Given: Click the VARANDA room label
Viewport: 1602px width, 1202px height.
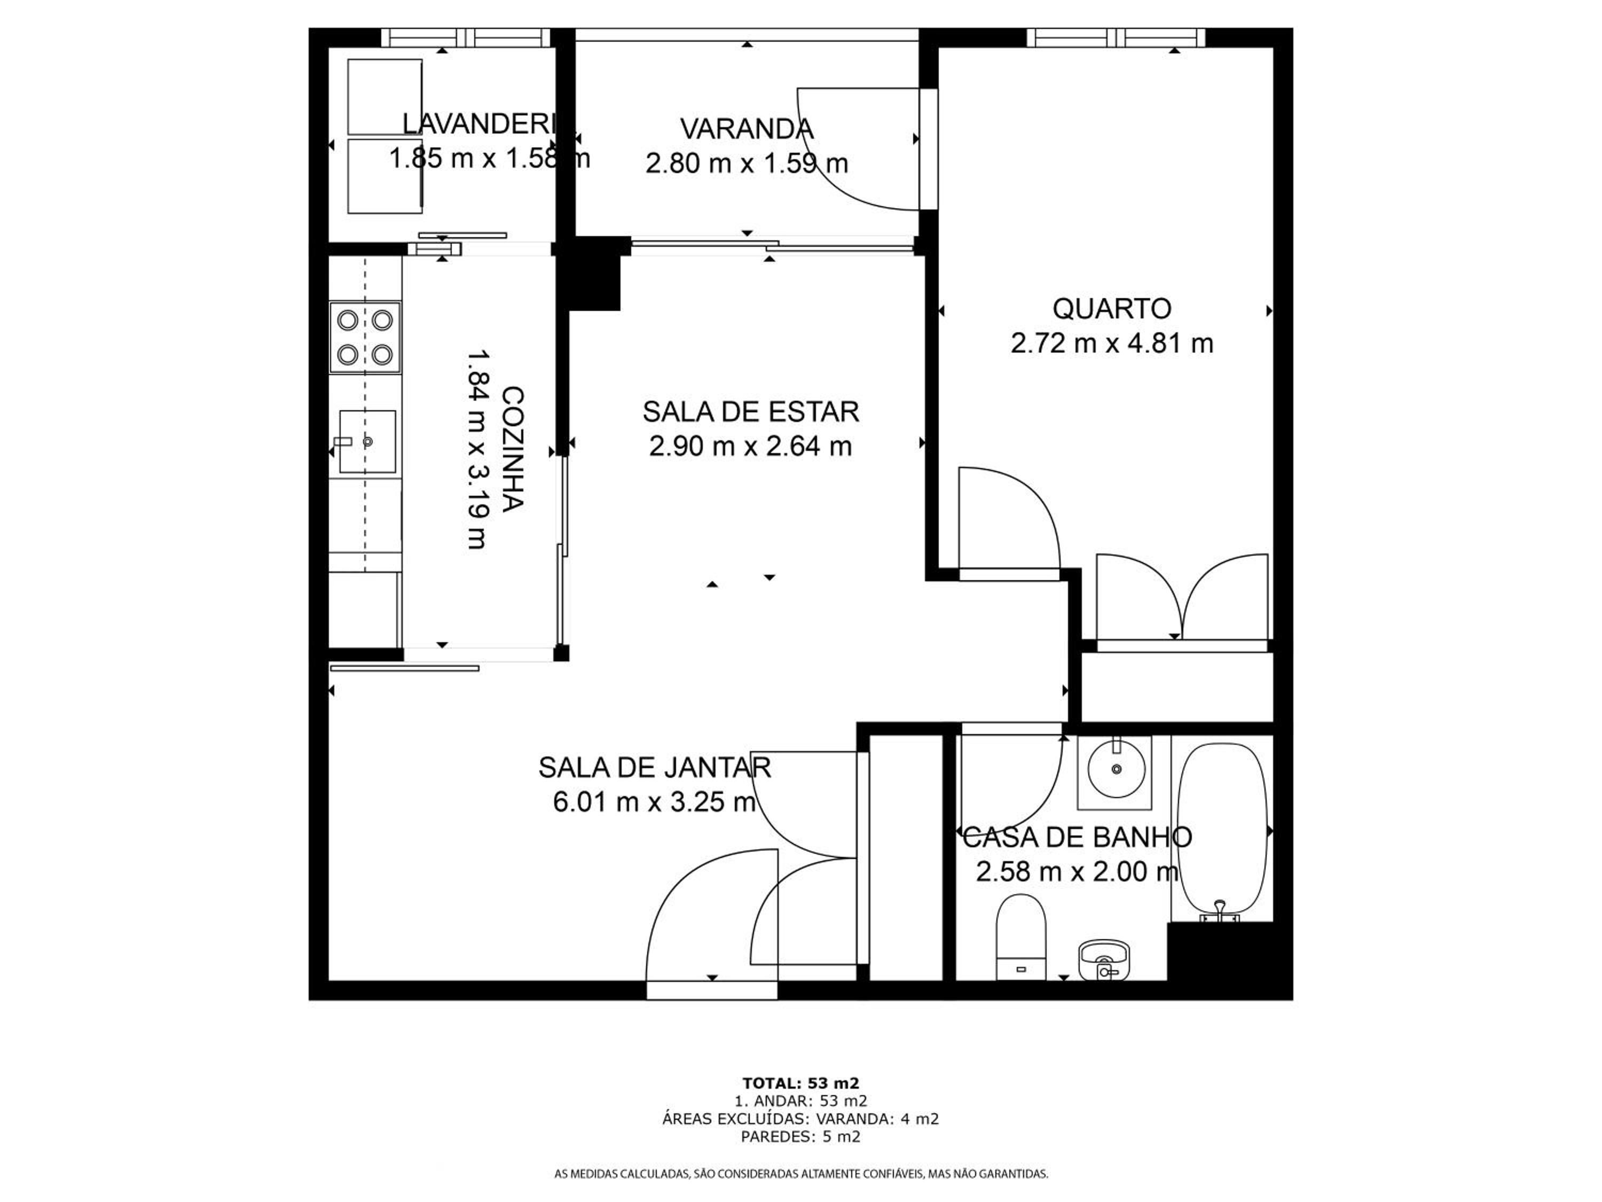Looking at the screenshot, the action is coord(747,129).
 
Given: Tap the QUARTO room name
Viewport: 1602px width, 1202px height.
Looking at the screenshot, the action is coord(1112,309).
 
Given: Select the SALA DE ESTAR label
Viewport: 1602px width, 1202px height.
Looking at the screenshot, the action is coord(750,411).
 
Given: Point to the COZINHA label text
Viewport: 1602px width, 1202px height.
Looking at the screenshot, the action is coord(512,449).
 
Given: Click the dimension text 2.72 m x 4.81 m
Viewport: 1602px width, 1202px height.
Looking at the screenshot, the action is coord(1112,343).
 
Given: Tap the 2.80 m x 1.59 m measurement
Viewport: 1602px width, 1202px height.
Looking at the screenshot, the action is coord(747,163).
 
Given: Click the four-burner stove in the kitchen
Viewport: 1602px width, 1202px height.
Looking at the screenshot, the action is coord(365,338).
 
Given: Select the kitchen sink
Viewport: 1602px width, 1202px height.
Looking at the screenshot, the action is coord(367,441).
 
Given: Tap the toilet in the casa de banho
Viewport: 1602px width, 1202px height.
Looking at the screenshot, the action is coord(1021,938).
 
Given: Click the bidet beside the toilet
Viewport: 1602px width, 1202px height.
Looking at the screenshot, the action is coord(1104,960).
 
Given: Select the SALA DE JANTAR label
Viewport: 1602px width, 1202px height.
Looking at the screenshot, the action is coord(655,767).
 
